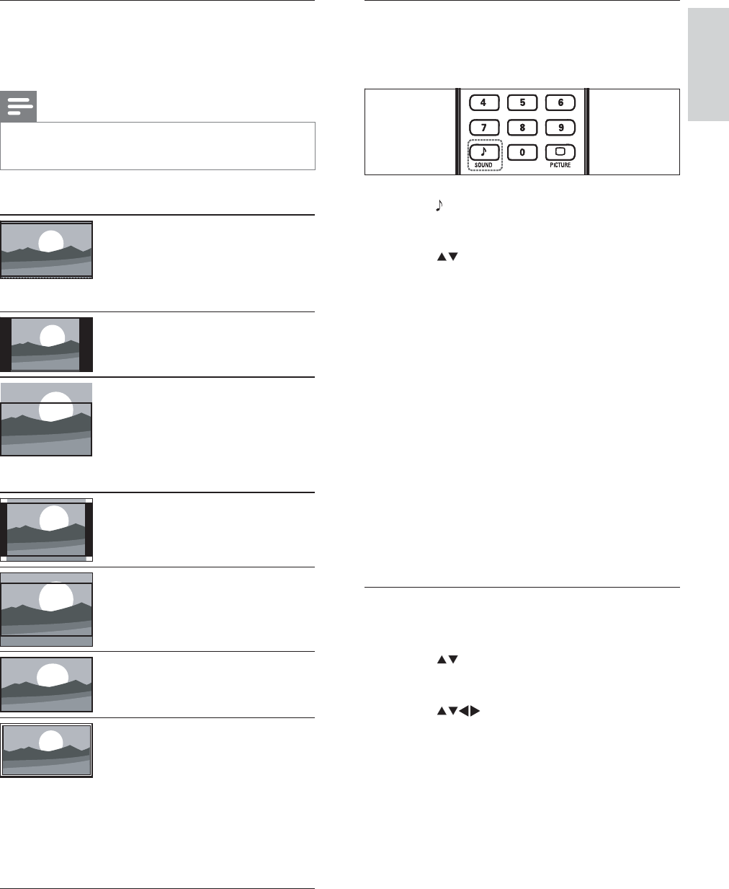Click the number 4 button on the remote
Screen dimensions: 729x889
pyautogui.click(x=483, y=103)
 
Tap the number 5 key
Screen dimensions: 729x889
pyautogui.click(x=522, y=103)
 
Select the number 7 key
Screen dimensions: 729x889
pyautogui.click(x=483, y=128)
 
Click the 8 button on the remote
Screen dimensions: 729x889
pyautogui.click(x=522, y=128)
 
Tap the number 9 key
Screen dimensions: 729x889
pyautogui.click(x=560, y=128)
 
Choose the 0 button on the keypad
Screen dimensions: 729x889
pyautogui.click(x=522, y=152)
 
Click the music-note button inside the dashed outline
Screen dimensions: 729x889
pyautogui.click(x=483, y=152)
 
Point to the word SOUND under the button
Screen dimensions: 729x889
pyautogui.click(x=483, y=165)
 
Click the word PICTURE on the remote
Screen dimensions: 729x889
pyautogui.click(x=560, y=165)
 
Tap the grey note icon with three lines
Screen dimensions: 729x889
pyautogui.click(x=18, y=107)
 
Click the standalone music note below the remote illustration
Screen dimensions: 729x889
pyautogui.click(x=437, y=206)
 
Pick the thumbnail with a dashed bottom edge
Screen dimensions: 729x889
pyautogui.click(x=47, y=249)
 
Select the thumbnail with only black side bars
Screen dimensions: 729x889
pyautogui.click(x=47, y=344)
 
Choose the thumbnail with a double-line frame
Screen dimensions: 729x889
pyautogui.click(x=47, y=750)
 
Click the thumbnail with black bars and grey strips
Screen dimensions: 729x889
pyautogui.click(x=47, y=529)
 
